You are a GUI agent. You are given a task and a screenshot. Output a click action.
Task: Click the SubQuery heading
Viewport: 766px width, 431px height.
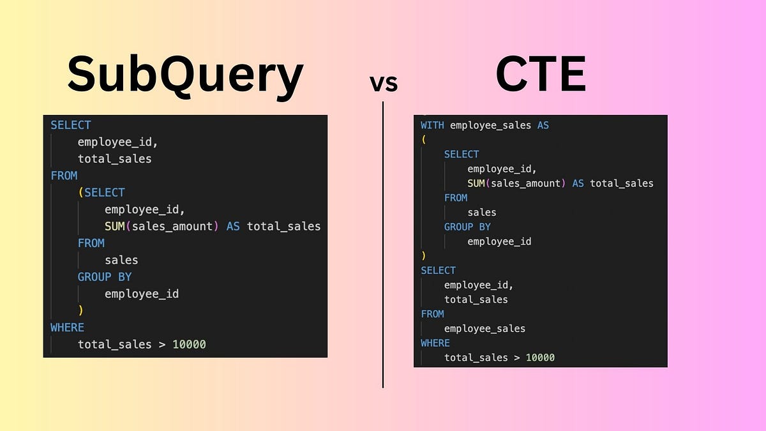(185, 75)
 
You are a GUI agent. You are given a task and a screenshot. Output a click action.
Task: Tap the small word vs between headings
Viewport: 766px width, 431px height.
(384, 82)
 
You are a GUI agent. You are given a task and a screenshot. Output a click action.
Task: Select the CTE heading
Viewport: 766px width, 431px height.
(541, 75)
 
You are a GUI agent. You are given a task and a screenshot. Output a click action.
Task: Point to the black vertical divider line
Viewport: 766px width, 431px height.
(383, 255)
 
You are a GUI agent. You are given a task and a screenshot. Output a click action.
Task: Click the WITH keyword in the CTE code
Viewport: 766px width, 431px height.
(433, 125)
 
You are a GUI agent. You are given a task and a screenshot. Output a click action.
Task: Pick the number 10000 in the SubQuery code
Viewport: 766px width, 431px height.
(189, 344)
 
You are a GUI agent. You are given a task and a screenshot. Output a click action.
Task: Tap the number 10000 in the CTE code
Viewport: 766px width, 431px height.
(540, 357)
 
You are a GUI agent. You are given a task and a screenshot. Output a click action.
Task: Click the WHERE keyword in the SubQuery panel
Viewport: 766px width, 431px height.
(67, 328)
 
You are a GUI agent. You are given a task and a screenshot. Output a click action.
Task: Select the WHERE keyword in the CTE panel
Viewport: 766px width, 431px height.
(435, 343)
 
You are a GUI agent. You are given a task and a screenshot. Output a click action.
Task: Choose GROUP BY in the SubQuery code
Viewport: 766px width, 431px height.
(104, 276)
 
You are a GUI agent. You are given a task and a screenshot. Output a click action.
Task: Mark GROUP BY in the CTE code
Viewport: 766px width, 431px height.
(467, 227)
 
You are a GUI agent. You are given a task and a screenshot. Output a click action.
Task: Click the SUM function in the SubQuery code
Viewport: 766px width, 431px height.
(116, 226)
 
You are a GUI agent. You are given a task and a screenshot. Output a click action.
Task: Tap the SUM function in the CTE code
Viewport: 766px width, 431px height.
(476, 183)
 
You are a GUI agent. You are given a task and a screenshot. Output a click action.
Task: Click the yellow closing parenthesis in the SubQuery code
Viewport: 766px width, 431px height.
(80, 310)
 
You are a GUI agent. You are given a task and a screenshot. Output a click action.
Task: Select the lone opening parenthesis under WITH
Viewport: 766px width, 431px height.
(423, 139)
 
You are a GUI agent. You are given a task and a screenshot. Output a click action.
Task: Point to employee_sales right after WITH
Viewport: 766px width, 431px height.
(490, 125)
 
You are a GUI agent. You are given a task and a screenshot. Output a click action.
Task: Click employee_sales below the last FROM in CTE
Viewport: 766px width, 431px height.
(484, 328)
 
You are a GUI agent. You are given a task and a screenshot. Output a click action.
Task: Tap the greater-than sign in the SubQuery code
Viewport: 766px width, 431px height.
(162, 344)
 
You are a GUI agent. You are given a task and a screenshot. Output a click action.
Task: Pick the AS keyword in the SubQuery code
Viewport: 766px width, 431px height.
(233, 226)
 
